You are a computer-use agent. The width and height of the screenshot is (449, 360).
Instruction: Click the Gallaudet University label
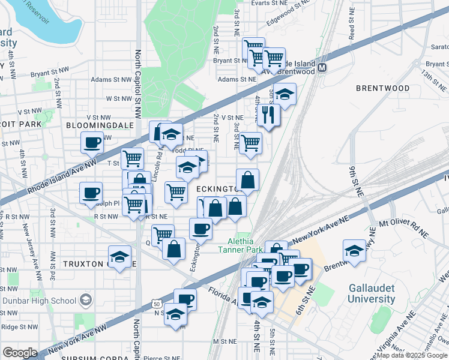[x=372, y=292]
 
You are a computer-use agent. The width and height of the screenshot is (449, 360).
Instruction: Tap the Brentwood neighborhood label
[x=382, y=88]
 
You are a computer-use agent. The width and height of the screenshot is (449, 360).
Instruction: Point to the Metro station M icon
[x=322, y=68]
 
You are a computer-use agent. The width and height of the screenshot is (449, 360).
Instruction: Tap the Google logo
[x=20, y=352]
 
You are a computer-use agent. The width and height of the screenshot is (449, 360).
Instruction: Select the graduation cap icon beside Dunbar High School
[x=86, y=300]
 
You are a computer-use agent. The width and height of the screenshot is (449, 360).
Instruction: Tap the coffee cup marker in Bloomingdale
[x=92, y=142]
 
